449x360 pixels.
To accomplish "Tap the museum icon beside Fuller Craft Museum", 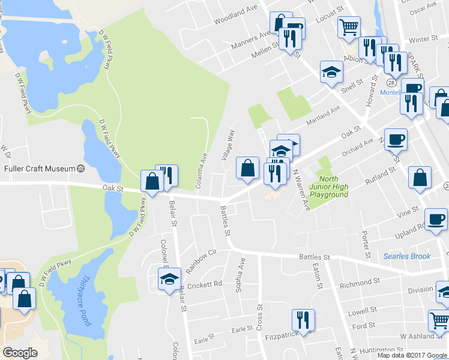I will pos(80,169).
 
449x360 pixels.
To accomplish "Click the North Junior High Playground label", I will pos(328,187).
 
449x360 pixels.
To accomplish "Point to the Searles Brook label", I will pos(407,256).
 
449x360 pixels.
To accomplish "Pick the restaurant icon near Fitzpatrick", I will pos(303,320).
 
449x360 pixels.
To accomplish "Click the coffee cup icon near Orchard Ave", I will pos(396,139).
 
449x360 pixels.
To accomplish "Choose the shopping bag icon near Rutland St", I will pos(420,178).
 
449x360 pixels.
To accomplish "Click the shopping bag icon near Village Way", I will pos(247,168).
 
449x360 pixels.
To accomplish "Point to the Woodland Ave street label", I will pos(235,13).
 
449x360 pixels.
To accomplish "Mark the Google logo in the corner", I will pos(20,353).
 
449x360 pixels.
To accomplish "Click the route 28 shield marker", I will pos(391,82).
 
